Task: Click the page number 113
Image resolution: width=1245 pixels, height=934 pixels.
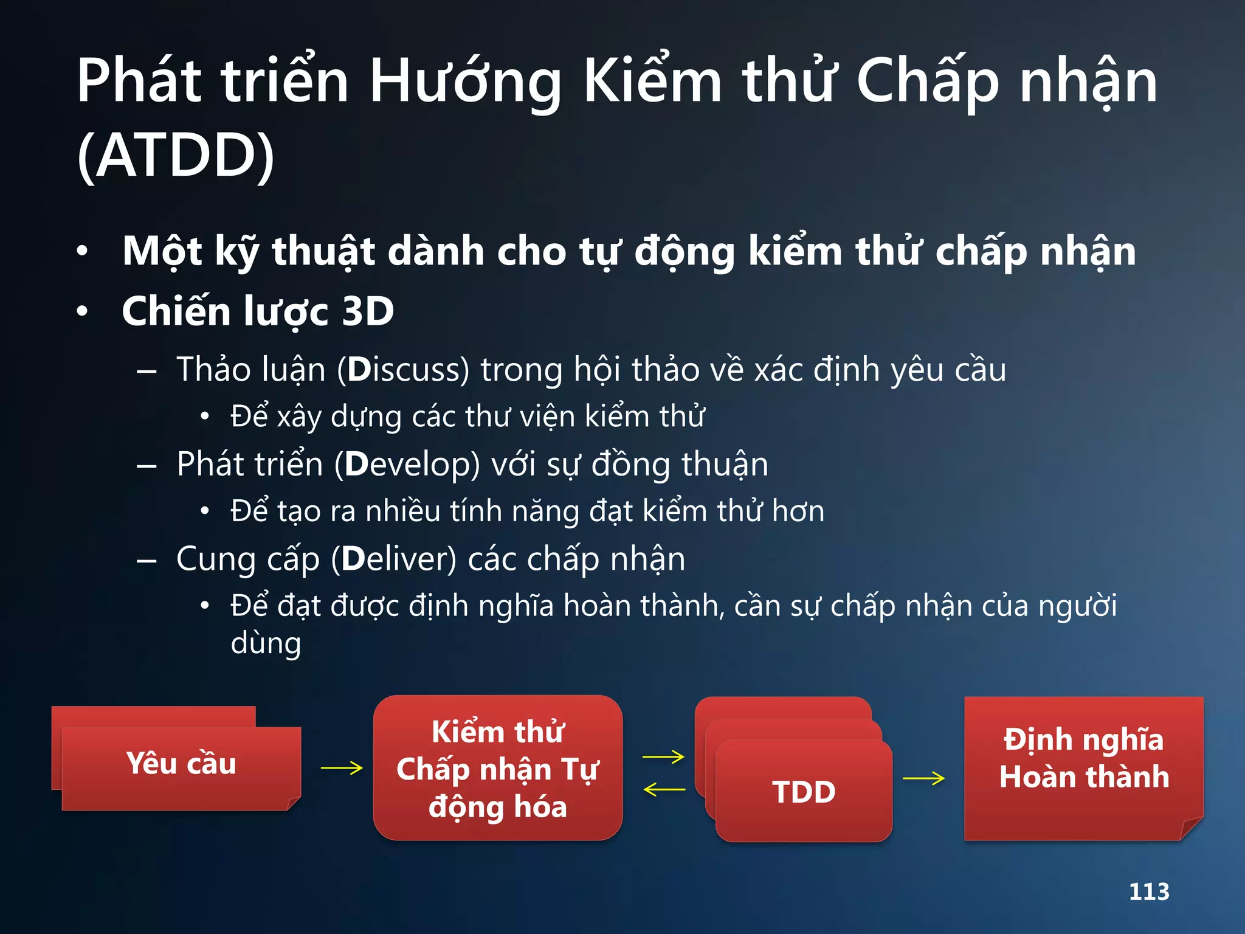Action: click(x=1149, y=891)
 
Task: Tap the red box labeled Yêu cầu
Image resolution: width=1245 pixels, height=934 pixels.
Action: click(x=181, y=764)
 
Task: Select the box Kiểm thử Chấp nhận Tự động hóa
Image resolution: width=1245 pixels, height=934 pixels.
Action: click(x=497, y=769)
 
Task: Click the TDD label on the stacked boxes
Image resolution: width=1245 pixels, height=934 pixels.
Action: click(x=804, y=792)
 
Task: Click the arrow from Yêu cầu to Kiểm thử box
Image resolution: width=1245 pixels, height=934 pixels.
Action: click(x=341, y=768)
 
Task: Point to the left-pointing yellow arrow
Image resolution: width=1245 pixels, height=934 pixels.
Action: click(x=664, y=790)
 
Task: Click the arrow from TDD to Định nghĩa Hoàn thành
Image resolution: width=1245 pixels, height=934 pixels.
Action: click(x=923, y=778)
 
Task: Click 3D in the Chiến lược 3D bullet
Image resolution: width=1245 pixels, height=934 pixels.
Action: click(x=368, y=311)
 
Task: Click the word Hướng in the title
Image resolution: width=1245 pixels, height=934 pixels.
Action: click(x=465, y=81)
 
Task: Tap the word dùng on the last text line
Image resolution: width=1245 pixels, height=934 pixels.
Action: click(x=266, y=643)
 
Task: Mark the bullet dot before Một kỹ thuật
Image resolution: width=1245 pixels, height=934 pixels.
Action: click(x=83, y=251)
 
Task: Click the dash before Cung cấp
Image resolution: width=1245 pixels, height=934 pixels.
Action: click(x=147, y=560)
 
